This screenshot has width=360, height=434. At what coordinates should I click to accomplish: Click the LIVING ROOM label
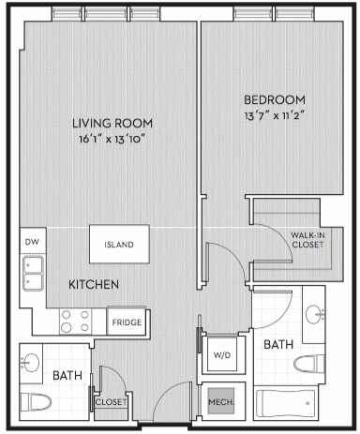112,124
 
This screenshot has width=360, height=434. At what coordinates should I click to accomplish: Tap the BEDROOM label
275,100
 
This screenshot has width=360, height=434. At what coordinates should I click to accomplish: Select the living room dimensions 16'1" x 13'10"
112,139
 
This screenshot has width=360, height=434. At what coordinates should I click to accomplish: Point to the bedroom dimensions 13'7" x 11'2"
275,116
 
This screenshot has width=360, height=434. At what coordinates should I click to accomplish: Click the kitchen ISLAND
119,244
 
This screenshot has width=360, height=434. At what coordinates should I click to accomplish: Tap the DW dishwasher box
33,241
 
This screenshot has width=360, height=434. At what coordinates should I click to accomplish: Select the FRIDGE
127,322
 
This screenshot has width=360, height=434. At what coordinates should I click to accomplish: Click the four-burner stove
75,321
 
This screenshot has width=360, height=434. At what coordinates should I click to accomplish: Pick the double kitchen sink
33,274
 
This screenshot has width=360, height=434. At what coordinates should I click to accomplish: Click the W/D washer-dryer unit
222,354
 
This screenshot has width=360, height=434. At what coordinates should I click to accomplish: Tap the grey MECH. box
221,401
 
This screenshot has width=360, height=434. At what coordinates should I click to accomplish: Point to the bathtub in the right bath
285,403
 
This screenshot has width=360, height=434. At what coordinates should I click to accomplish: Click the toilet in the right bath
309,364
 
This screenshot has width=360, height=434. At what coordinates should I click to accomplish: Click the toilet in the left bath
36,402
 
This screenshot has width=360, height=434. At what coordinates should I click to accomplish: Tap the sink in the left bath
31,363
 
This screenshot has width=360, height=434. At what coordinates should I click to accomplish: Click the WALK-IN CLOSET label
307,240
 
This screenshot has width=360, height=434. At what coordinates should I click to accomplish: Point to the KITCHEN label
94,285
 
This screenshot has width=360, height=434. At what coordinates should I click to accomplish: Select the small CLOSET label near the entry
111,402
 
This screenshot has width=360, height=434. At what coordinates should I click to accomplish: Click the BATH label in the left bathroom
67,375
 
